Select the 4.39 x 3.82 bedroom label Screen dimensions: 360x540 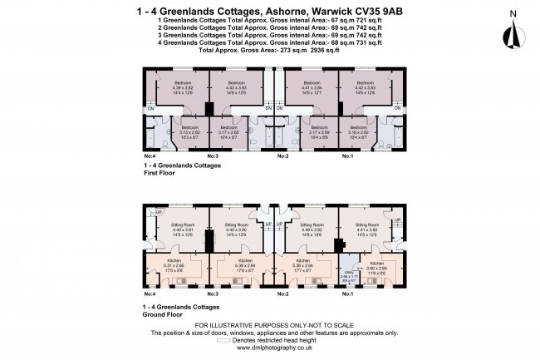pos(182,87)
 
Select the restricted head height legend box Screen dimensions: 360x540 pos(223,340)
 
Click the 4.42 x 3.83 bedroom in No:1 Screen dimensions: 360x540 pos(366,87)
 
